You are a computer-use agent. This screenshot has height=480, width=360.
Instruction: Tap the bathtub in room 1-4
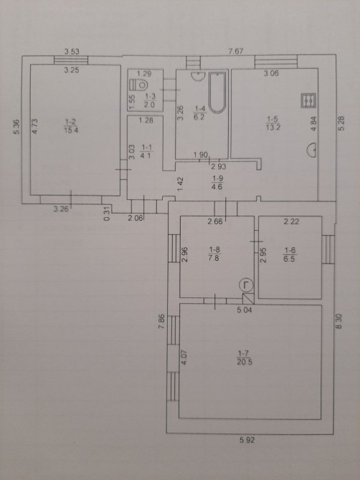click(x=217, y=92)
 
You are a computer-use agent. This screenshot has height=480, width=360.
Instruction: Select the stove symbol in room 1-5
click(x=308, y=101)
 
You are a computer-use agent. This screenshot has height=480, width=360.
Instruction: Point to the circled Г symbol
click(x=246, y=285)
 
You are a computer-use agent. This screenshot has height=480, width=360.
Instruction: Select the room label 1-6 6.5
click(x=289, y=255)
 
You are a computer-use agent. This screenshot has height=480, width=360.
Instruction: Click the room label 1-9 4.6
click(x=217, y=183)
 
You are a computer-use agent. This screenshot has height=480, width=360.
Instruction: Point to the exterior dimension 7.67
click(x=236, y=52)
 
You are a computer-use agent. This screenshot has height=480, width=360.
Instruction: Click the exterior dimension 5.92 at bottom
click(x=247, y=440)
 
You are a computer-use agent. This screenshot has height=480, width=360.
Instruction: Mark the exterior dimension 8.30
click(x=338, y=322)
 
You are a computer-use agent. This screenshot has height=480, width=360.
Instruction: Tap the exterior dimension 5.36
click(x=16, y=127)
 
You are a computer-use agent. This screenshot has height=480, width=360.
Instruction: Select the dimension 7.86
click(x=161, y=322)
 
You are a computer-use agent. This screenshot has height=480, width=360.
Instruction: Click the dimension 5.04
click(x=245, y=310)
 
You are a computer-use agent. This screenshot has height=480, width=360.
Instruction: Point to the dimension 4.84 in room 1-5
click(x=313, y=124)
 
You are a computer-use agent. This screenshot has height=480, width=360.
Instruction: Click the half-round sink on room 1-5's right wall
click(x=312, y=150)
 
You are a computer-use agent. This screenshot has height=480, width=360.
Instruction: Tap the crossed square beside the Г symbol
click(x=248, y=299)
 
